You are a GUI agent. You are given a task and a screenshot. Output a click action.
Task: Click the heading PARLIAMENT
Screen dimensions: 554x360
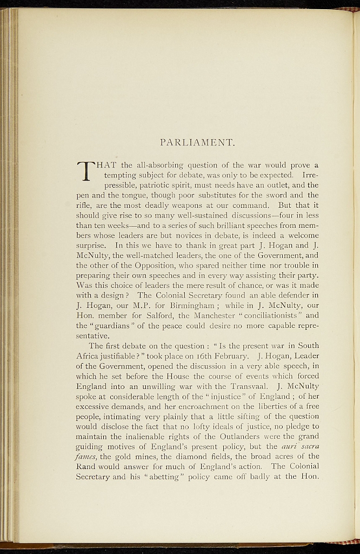click(x=197, y=143)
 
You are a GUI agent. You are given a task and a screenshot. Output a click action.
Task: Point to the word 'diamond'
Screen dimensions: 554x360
click(x=179, y=456)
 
